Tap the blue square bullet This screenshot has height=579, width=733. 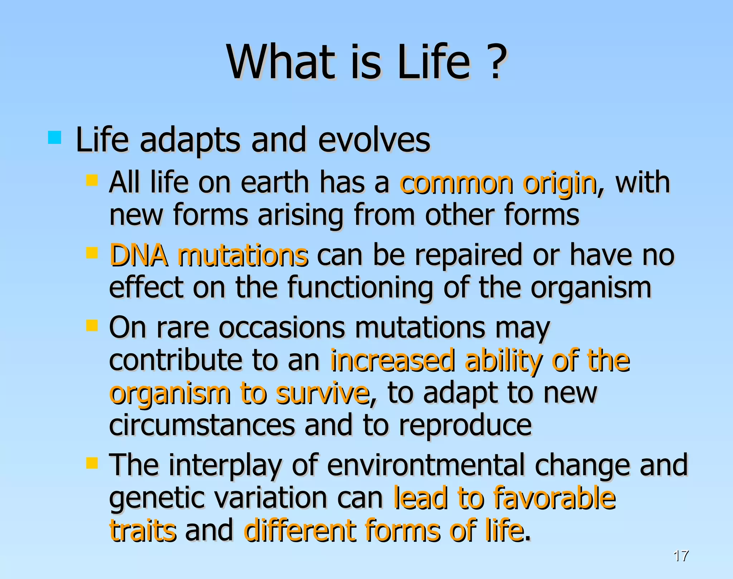(54, 137)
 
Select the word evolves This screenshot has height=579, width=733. (374, 140)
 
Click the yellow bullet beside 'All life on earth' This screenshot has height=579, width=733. (92, 180)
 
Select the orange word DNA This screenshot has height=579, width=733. (138, 255)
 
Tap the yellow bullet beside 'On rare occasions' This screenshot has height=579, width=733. (92, 325)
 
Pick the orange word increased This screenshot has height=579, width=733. (392, 361)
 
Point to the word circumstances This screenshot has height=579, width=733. (202, 425)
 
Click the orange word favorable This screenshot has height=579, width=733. (554, 498)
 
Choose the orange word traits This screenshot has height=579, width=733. (142, 530)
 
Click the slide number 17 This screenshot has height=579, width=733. (680, 556)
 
